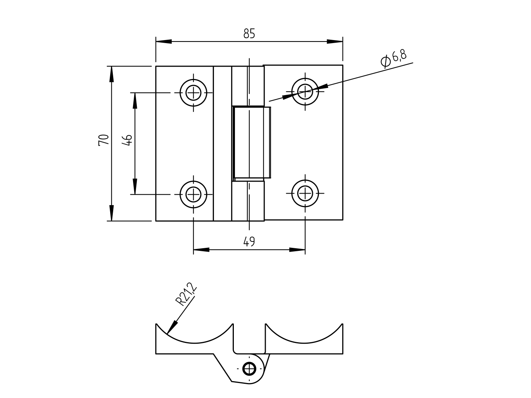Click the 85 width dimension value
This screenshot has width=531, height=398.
tap(249, 34)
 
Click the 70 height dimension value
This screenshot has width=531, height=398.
tap(104, 140)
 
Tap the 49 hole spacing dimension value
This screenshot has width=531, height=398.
tap(249, 241)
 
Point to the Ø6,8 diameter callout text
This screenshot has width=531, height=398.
tap(393, 58)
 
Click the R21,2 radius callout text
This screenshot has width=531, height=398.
tap(186, 295)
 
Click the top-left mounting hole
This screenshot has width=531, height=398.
tap(193, 92)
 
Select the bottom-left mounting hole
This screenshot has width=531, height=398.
tap(193, 194)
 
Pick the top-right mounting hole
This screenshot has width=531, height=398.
tap(305, 91)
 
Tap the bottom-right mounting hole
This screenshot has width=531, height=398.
tap(305, 193)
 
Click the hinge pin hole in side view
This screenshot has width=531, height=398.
tap(249, 369)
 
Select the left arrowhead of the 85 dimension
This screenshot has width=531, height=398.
tap(164, 41)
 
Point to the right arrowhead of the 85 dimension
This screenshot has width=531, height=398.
tap(335, 41)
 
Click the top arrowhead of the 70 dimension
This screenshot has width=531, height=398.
tap(111, 74)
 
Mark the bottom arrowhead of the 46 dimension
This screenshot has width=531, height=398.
tap(135, 187)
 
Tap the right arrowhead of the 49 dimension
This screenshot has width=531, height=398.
tap(297, 250)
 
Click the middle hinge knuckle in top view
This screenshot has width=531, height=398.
tap(251, 142)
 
